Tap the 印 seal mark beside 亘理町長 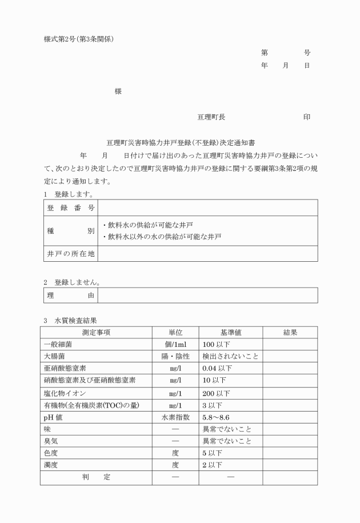tap(307, 117)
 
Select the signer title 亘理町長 tap(211, 117)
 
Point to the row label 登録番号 tap(70, 207)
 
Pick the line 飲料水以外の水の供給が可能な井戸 tap(161, 236)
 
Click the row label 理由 tap(70, 295)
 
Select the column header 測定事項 tap(95, 333)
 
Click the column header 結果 tap(290, 333)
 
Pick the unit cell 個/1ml tap(175, 345)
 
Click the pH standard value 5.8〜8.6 tap(215, 417)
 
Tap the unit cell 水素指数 tap(175, 417)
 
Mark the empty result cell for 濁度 tap(290, 465)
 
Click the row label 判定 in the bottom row tap(95, 477)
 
